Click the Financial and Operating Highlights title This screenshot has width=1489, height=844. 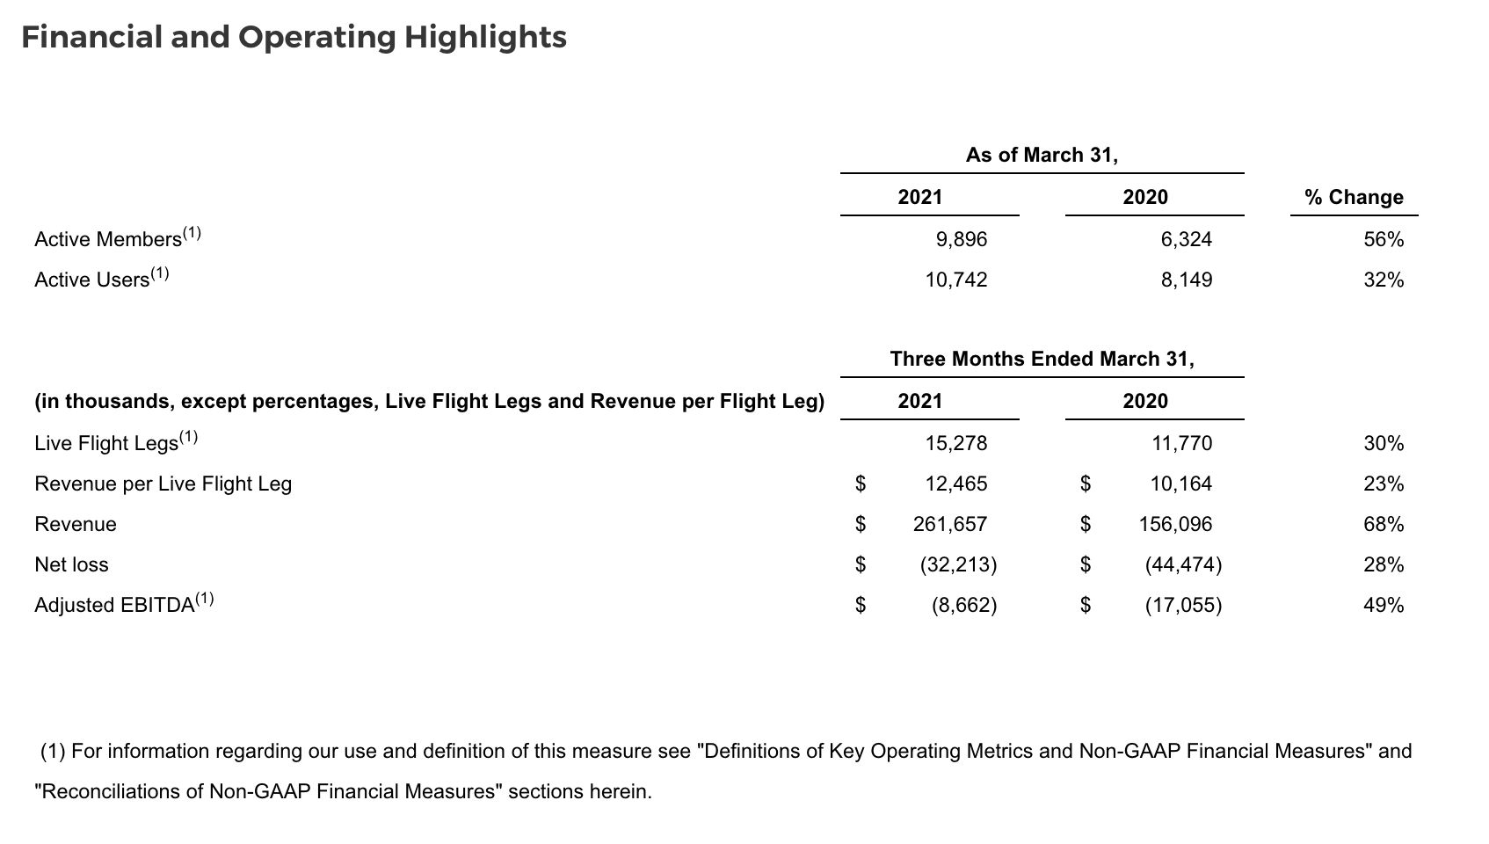294,38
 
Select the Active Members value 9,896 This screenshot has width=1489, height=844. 961,239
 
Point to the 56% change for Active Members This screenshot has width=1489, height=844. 1384,239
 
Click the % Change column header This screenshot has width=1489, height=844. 1354,197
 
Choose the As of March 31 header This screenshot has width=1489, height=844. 1042,155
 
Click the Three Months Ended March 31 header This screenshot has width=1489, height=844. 1042,359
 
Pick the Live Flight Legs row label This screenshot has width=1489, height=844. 106,443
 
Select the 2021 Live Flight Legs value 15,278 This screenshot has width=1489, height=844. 955,443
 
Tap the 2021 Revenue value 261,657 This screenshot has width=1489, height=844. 950,524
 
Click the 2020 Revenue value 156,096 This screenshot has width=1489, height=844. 1175,524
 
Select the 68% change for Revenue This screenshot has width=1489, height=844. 1384,524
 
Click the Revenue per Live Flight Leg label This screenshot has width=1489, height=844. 163,484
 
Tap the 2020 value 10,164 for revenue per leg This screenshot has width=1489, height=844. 1180,484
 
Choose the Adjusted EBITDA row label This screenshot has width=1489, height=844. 114,605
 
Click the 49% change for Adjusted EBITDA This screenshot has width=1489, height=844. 1384,605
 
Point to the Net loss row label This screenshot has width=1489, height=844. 71,564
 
